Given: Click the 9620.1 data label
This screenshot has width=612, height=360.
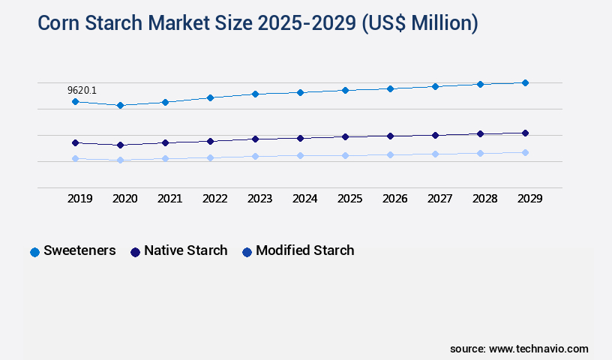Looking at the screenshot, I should tap(82, 90).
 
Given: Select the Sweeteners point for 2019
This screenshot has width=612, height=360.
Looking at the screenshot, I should tap(75, 101).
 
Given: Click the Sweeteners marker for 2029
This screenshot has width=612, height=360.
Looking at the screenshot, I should tap(525, 82).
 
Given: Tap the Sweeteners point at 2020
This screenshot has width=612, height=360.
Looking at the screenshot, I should tap(120, 105).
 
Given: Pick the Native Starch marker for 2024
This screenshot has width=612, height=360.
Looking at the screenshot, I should tap(300, 138).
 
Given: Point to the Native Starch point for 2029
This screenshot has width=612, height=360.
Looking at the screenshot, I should tap(525, 133).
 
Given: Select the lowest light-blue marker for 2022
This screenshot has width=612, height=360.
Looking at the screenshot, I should tap(210, 157).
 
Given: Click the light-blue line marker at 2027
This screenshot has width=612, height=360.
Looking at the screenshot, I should tap(435, 154).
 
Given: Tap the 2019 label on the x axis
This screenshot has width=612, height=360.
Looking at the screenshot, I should tap(80, 199).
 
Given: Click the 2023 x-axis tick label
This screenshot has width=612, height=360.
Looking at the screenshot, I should tap(260, 199).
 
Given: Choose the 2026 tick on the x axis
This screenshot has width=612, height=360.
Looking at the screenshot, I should tap(395, 199).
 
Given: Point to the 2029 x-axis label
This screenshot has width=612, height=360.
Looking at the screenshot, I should tap(529, 199).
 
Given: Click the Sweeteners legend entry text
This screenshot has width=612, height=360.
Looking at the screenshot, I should tap(79, 250).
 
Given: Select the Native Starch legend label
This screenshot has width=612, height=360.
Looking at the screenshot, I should tap(185, 250).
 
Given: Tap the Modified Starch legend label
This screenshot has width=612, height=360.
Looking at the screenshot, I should tap(304, 250).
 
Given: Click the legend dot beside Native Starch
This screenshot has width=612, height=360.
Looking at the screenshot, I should tap(135, 252).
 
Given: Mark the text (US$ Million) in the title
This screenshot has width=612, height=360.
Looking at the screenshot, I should tap(419, 24).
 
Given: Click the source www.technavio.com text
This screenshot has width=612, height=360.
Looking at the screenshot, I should tap(519, 349).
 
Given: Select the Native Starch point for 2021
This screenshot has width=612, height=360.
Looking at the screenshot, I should tap(165, 142).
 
